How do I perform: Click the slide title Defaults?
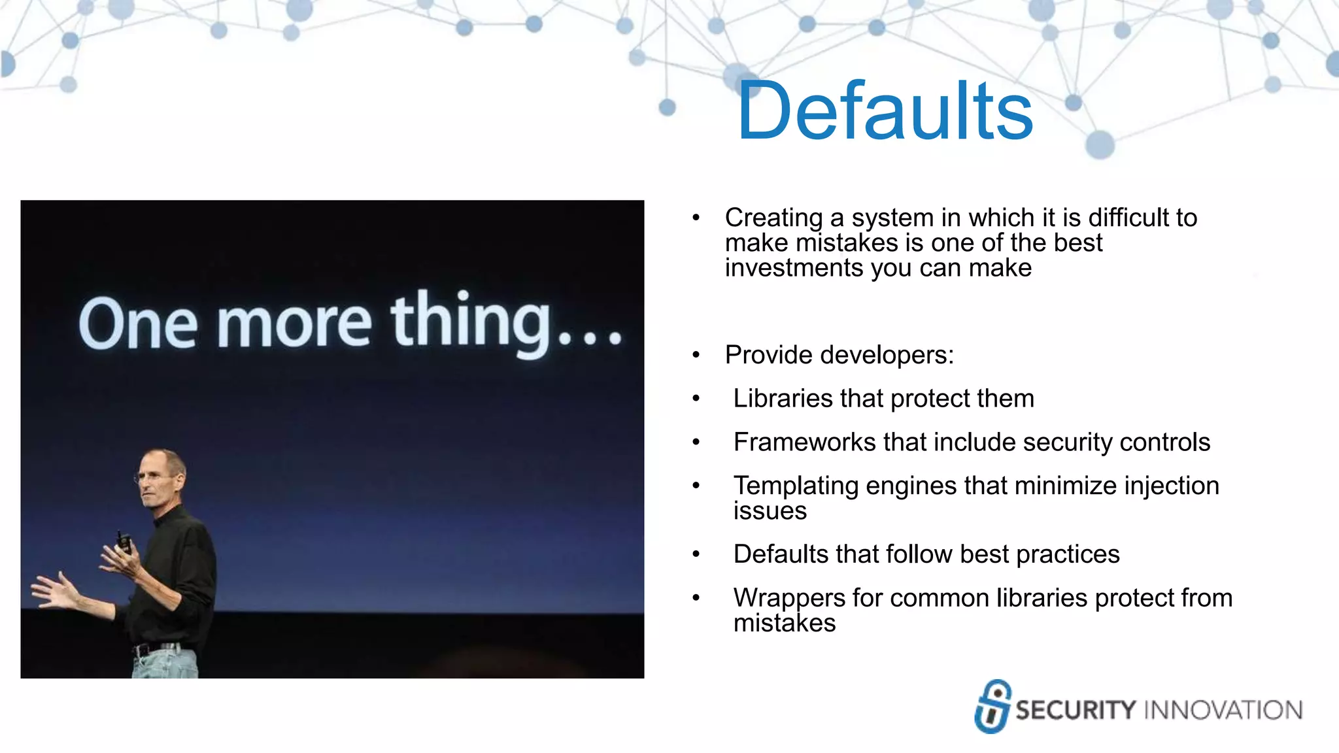(x=884, y=111)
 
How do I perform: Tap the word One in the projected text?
(x=138, y=324)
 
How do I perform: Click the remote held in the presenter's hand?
(x=124, y=543)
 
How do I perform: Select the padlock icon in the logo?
(x=992, y=706)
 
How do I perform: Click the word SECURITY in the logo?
(x=1076, y=710)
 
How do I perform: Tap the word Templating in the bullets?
(x=795, y=486)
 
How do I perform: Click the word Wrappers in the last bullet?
(x=788, y=598)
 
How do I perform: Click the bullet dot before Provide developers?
(x=696, y=356)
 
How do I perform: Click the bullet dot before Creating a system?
(x=696, y=218)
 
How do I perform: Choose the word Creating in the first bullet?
(x=773, y=218)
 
